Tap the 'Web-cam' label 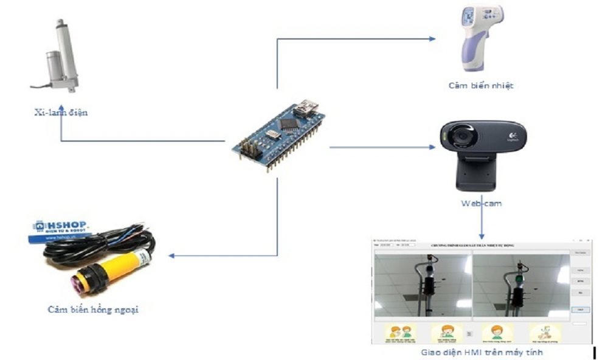tap(482, 204)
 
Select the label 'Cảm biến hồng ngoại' tap(93, 309)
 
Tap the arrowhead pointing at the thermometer tap(432, 38)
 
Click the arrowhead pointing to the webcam tap(432, 148)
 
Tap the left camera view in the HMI tap(423, 285)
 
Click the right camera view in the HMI tap(521, 285)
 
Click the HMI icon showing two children tap(401, 333)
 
